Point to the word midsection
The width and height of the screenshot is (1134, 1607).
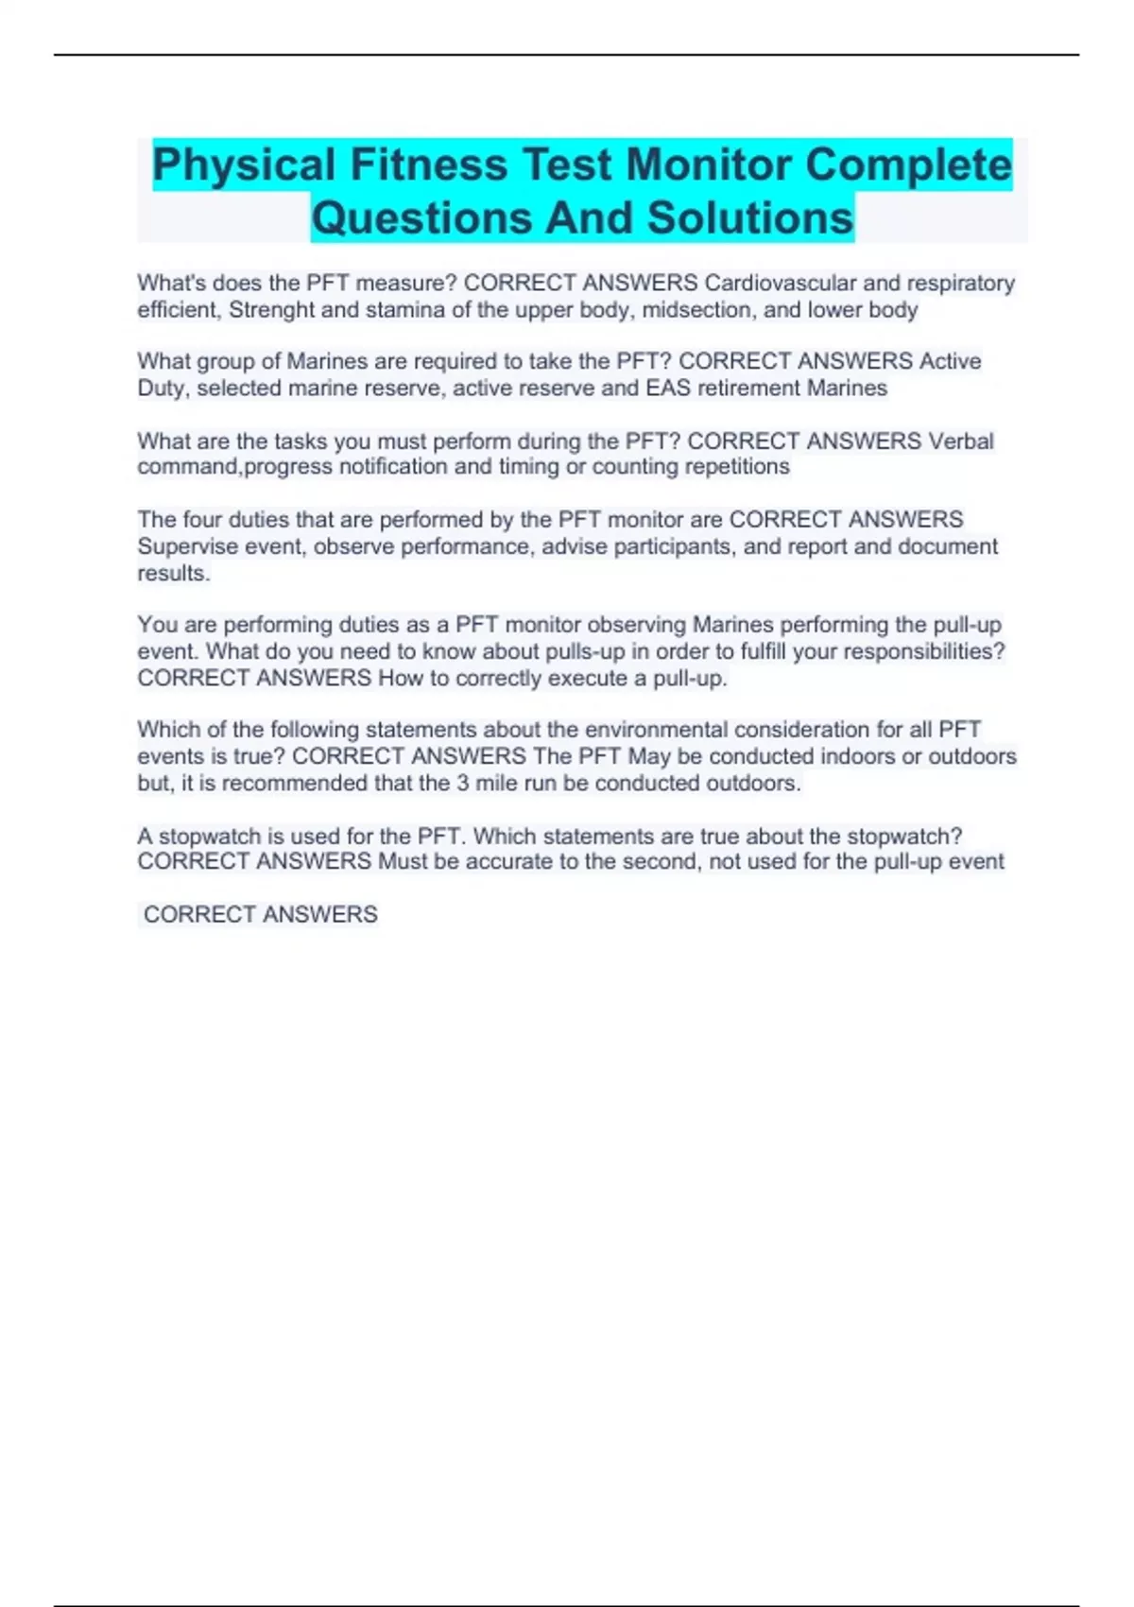pos(696,309)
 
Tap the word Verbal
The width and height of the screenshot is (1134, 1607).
pos(961,441)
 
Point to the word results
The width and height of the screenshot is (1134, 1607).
pos(172,573)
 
